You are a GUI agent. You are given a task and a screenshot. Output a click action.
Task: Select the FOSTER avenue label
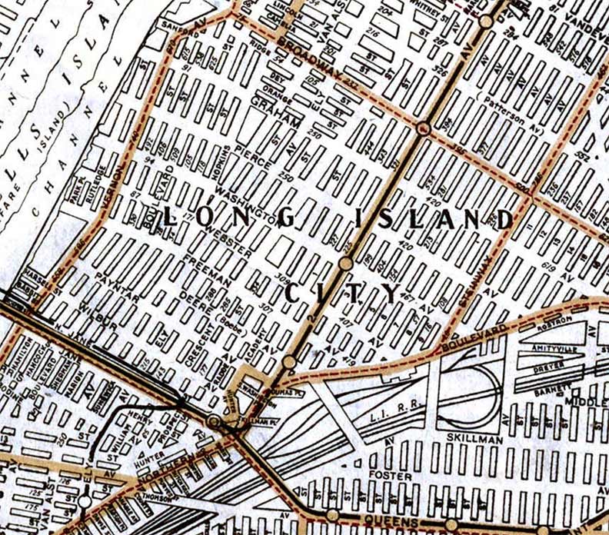click(385, 477)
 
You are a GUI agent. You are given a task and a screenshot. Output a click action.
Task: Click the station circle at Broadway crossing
click(422, 128)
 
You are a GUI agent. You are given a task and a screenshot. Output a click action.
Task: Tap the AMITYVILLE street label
click(541, 348)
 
